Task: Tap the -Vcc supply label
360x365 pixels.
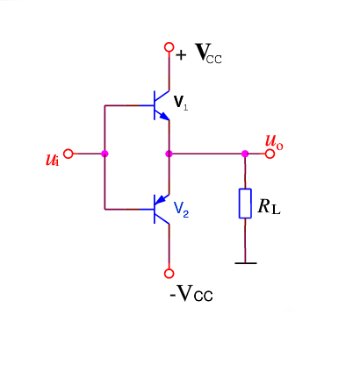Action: (x=191, y=293)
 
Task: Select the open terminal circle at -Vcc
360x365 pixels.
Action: (x=169, y=274)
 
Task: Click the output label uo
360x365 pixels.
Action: (x=274, y=143)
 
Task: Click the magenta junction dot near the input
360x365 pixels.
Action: (x=104, y=154)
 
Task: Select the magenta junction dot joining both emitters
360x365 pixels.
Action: (x=169, y=154)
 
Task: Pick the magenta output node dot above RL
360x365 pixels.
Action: (x=245, y=154)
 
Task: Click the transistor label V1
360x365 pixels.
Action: (x=180, y=104)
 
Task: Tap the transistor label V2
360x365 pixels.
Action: (x=180, y=210)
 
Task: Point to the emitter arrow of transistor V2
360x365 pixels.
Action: (x=161, y=199)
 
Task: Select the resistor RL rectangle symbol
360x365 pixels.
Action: (x=245, y=204)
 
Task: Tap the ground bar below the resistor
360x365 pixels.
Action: (x=245, y=261)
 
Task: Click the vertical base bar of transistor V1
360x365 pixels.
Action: (x=154, y=104)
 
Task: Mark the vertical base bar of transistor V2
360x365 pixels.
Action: (x=154, y=209)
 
